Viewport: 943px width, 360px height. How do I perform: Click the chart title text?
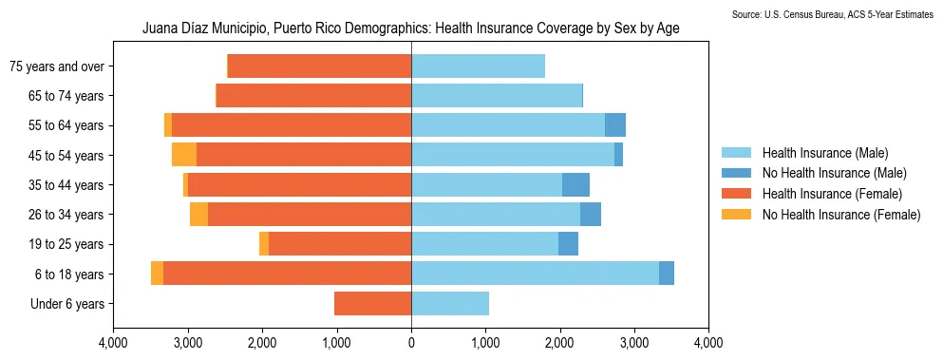(x=410, y=28)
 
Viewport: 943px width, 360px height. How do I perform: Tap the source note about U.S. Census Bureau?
(x=833, y=14)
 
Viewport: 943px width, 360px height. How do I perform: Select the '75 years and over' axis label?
(x=56, y=66)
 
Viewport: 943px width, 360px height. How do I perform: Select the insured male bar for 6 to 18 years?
(x=535, y=274)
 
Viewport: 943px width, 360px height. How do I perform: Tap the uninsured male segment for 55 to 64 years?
(x=615, y=125)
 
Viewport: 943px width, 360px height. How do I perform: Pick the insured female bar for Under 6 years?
(x=372, y=304)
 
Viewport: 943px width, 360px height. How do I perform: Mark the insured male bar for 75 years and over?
(x=478, y=66)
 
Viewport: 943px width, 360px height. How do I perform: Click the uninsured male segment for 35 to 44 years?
(x=575, y=185)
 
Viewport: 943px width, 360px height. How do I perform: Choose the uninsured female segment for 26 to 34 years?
(x=198, y=215)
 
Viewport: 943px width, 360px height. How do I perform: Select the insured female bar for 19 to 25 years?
(x=339, y=244)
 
